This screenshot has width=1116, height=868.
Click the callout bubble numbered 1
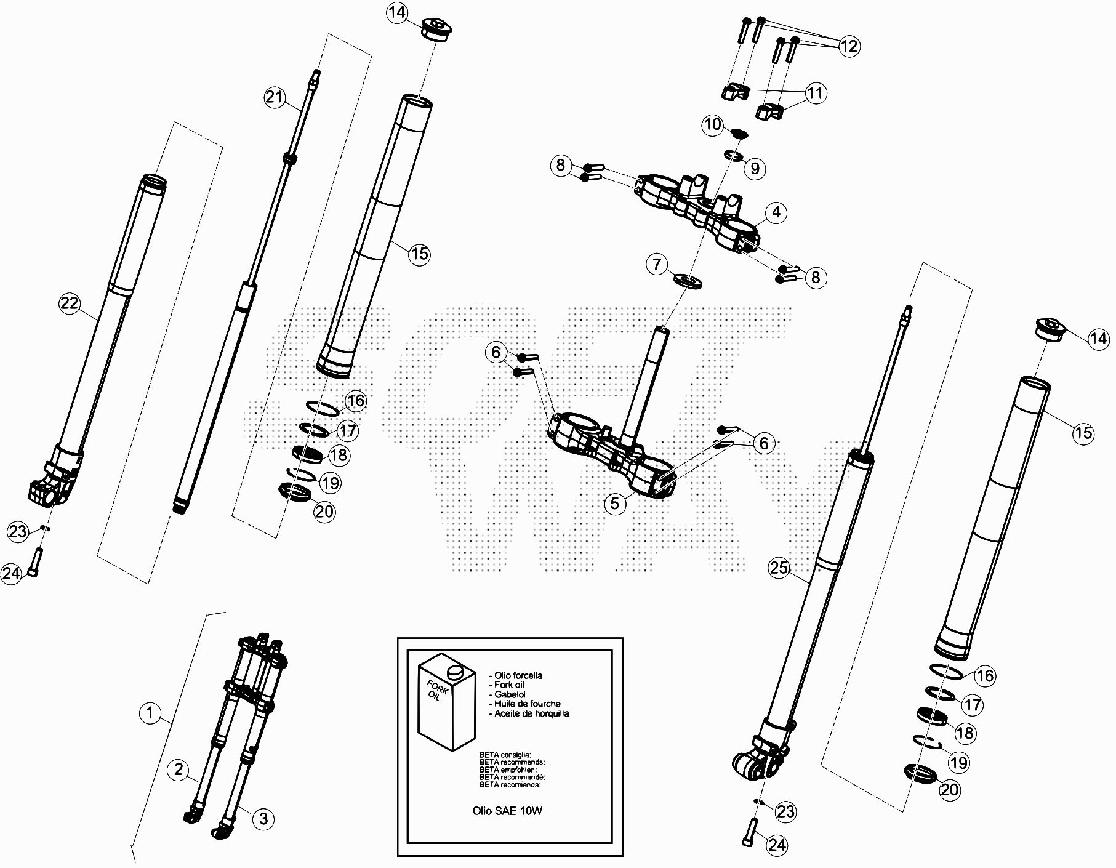tap(150, 713)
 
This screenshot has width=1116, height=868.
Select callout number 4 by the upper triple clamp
tap(776, 212)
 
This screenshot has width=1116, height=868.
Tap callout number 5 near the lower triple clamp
tap(615, 504)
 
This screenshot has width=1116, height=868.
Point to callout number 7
tap(657, 265)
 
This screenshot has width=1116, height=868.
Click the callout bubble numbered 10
tap(713, 125)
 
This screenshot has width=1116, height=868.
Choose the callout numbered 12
tap(849, 46)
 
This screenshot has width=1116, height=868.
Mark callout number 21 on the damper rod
tap(275, 97)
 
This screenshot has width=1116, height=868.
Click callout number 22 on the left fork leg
tap(70, 303)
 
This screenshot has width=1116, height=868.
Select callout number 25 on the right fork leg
tap(779, 568)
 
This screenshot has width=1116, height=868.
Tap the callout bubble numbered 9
tap(755, 168)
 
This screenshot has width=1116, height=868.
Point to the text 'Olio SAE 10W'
tap(507, 811)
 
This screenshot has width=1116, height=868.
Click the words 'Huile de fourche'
tap(525, 704)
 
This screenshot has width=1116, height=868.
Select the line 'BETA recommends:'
tap(512, 762)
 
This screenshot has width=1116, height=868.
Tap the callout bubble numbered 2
tap(179, 770)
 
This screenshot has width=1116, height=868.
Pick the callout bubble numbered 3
tap(263, 819)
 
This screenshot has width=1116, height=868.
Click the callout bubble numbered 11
tap(815, 94)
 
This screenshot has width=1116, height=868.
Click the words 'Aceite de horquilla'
tap(529, 713)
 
